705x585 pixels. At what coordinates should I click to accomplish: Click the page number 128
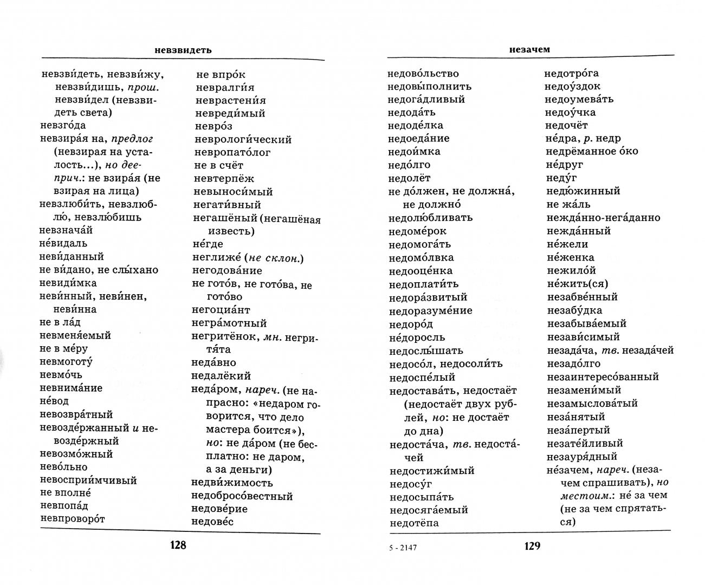pos(178,545)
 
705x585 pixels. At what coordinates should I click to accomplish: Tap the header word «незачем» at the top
pos(529,49)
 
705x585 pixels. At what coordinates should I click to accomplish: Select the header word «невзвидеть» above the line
pos(183,50)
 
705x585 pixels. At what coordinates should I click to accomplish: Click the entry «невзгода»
pos(63,125)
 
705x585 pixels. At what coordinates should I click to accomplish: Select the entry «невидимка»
pos(68,283)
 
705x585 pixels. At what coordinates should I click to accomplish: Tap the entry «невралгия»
pos(225,87)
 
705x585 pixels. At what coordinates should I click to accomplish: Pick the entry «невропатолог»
pos(232,152)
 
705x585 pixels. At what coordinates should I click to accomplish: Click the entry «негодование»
pos(227,270)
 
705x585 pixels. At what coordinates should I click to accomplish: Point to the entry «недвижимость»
pos(232,483)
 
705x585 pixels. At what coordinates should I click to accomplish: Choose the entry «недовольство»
pos(423,73)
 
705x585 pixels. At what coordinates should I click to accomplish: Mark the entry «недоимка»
pos(415,152)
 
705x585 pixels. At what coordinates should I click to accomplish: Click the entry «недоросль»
pos(417,337)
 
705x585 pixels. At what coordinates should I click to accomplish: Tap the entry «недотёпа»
pos(414,523)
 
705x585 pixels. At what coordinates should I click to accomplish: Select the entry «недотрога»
pos(572,73)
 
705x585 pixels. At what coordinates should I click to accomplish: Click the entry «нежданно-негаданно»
pos(604,217)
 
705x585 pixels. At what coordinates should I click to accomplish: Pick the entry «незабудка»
pos(574,310)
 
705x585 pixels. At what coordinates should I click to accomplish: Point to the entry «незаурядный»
pos(582,456)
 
